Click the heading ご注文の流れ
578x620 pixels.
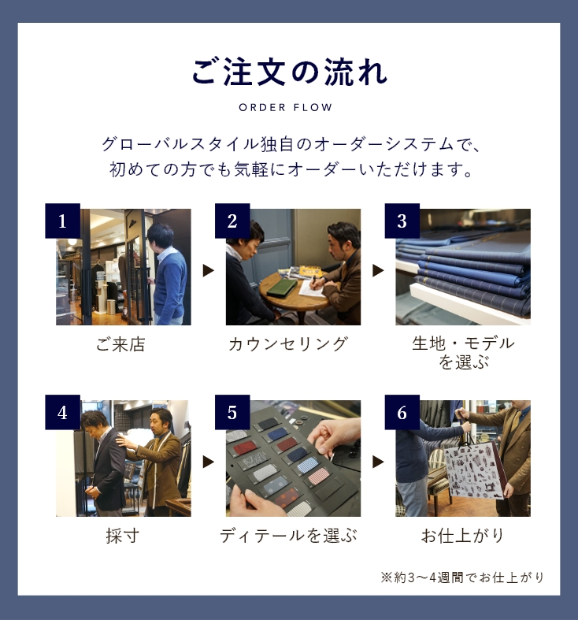pos(289,72)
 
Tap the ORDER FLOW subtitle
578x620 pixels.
pos(285,108)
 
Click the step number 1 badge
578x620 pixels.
pos(62,221)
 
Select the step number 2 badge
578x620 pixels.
pos(232,221)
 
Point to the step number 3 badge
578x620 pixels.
pos(402,221)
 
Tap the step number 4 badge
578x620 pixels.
pos(62,412)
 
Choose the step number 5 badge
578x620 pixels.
pos(232,412)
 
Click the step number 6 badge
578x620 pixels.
pos(402,412)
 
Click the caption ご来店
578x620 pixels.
pos(120,344)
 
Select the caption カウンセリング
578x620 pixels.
pos(288,344)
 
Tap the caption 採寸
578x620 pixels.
pos(123,536)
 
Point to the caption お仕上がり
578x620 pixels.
pos(462,536)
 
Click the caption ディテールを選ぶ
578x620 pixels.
pos(288,536)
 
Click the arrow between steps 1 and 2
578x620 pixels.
pos(209,270)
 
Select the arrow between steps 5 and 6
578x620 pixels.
pos(378,462)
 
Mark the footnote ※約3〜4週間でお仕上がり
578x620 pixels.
pos(462,577)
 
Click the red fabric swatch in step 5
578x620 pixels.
pos(244,449)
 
